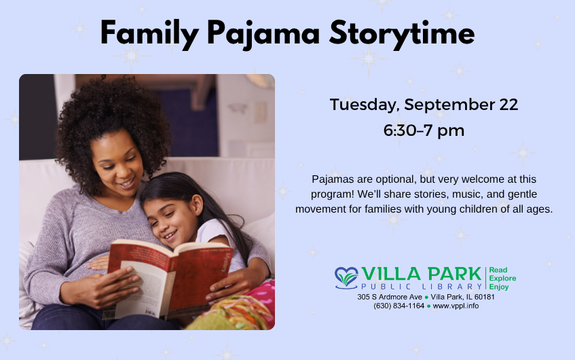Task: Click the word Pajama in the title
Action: (263, 35)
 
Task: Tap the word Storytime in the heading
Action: (401, 34)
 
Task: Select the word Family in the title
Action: (149, 35)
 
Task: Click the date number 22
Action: (508, 105)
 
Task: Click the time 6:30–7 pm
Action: (424, 130)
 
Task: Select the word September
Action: (449, 105)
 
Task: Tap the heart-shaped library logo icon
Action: (346, 277)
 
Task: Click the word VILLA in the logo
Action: (391, 274)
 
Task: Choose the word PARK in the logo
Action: (454, 274)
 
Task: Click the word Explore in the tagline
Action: (502, 278)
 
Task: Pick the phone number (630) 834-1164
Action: (398, 306)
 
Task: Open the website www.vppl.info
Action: (456, 306)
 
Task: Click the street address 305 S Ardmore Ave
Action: (390, 297)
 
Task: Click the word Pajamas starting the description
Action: (333, 179)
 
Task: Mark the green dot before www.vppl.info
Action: (428, 306)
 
